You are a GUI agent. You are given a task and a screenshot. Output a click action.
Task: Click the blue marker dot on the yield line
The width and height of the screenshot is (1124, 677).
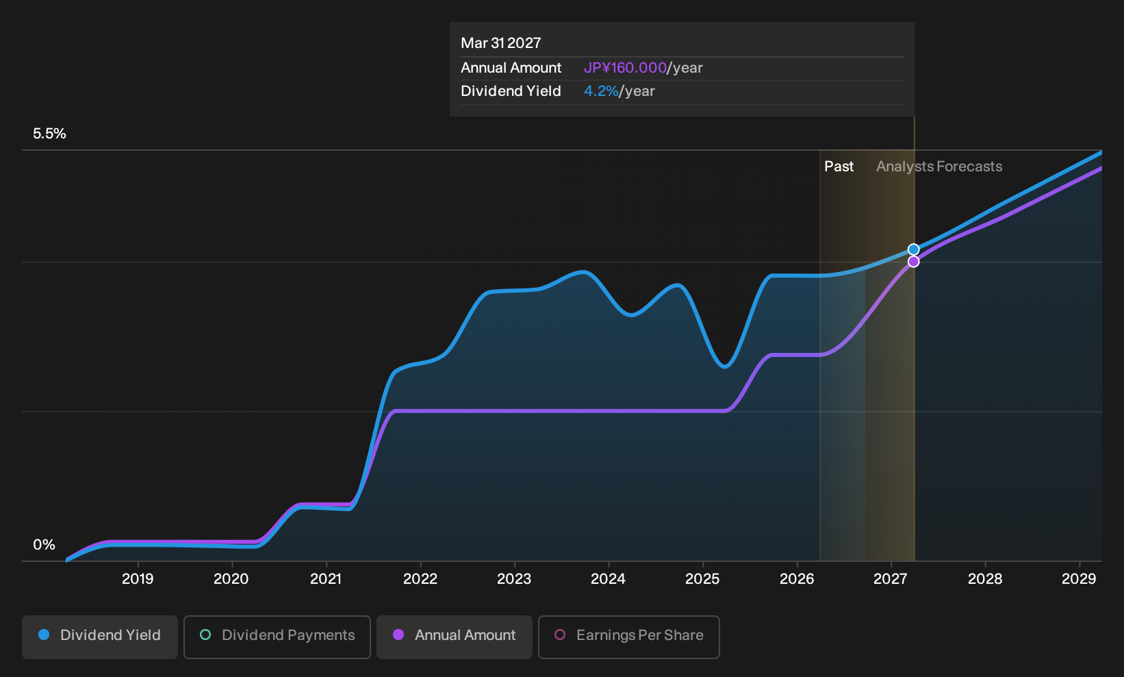click(x=913, y=249)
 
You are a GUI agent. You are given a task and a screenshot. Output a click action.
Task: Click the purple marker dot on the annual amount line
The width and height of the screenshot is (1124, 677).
click(x=913, y=262)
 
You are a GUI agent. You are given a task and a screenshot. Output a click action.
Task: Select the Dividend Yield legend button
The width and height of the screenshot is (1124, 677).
click(x=100, y=637)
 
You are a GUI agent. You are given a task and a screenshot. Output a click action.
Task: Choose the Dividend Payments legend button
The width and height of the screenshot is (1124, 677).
click(x=277, y=637)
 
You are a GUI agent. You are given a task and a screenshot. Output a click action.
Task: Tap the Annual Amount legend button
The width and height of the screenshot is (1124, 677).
click(x=454, y=637)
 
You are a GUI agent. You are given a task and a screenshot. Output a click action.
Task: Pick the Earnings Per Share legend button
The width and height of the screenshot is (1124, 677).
click(x=628, y=637)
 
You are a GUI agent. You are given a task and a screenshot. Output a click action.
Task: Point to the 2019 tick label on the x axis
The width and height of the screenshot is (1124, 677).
click(x=138, y=579)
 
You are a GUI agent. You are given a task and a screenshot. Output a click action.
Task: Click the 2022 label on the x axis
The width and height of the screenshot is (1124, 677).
click(x=420, y=579)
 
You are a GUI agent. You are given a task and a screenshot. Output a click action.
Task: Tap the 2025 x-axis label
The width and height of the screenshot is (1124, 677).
click(x=702, y=579)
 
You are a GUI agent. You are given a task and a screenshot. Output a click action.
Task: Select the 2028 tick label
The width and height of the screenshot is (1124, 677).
click(x=985, y=579)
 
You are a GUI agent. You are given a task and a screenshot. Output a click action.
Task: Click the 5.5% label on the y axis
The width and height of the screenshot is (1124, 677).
click(x=49, y=134)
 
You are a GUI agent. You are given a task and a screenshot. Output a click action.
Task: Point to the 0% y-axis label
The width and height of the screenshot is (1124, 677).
click(x=44, y=545)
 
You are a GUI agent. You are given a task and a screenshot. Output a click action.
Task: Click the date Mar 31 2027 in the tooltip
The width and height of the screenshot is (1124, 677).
click(x=501, y=43)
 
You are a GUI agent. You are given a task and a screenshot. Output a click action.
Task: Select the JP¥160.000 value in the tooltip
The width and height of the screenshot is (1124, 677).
click(x=625, y=68)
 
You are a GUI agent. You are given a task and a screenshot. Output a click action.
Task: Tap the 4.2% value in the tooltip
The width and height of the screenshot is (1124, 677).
click(x=601, y=91)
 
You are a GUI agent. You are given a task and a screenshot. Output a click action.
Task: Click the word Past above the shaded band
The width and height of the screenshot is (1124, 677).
click(x=839, y=167)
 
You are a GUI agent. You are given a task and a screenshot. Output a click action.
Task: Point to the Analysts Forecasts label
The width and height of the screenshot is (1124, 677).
click(x=939, y=167)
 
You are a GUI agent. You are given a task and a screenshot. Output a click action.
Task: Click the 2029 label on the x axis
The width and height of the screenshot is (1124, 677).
click(x=1079, y=579)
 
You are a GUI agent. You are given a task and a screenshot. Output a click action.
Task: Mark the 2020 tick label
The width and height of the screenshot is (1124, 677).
click(x=231, y=579)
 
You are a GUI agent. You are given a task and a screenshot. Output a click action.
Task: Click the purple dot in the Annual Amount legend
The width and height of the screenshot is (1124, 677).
click(x=398, y=635)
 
